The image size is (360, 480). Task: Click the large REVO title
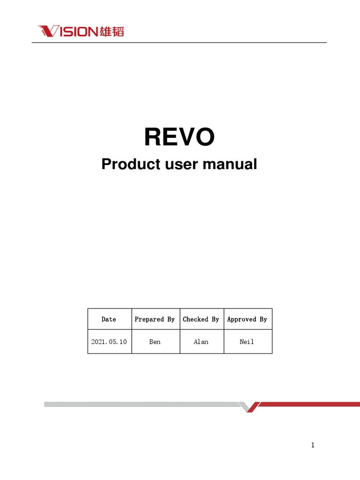click(180, 137)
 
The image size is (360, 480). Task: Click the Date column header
click(109, 319)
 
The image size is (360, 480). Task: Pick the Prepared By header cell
click(155, 319)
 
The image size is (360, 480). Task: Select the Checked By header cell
click(201, 319)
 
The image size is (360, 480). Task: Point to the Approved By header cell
click(247, 319)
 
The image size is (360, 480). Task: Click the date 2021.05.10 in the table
click(109, 342)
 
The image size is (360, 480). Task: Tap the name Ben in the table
click(155, 342)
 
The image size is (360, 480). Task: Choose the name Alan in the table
click(201, 342)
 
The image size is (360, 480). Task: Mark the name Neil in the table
click(247, 342)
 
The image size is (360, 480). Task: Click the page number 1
click(313, 445)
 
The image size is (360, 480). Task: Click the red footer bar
click(309, 404)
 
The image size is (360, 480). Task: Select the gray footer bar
click(141, 404)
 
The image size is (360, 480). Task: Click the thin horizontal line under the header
click(180, 43)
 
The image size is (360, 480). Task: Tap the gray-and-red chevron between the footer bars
click(248, 406)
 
